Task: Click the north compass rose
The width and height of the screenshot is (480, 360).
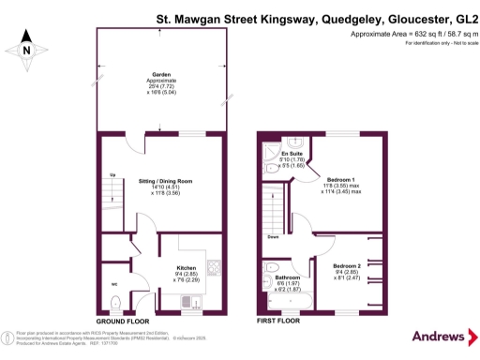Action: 27,51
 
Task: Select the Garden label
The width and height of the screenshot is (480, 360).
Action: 162,78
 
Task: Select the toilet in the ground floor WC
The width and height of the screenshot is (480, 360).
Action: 113,302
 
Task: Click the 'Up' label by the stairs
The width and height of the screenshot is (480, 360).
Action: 113,175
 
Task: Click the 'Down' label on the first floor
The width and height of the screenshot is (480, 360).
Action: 274,237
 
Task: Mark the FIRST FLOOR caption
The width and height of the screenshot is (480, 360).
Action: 279,320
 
